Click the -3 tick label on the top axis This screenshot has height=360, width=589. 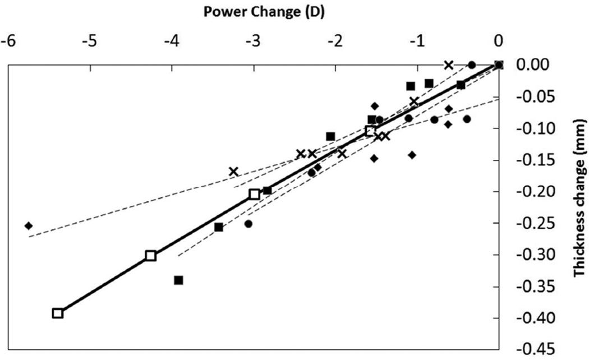click(254, 41)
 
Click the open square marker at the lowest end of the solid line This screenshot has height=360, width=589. click(58, 313)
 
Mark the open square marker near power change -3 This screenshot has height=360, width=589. click(254, 194)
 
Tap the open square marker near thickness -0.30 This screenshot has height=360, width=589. click(150, 256)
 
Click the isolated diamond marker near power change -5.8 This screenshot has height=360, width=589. click(29, 225)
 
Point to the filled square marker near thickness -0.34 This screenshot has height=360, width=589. click(179, 280)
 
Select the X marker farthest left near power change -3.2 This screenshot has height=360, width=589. click(233, 171)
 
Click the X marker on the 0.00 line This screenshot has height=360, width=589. click(448, 65)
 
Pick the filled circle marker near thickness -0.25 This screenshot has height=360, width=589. click(249, 224)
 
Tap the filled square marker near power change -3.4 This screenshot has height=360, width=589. click(219, 227)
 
